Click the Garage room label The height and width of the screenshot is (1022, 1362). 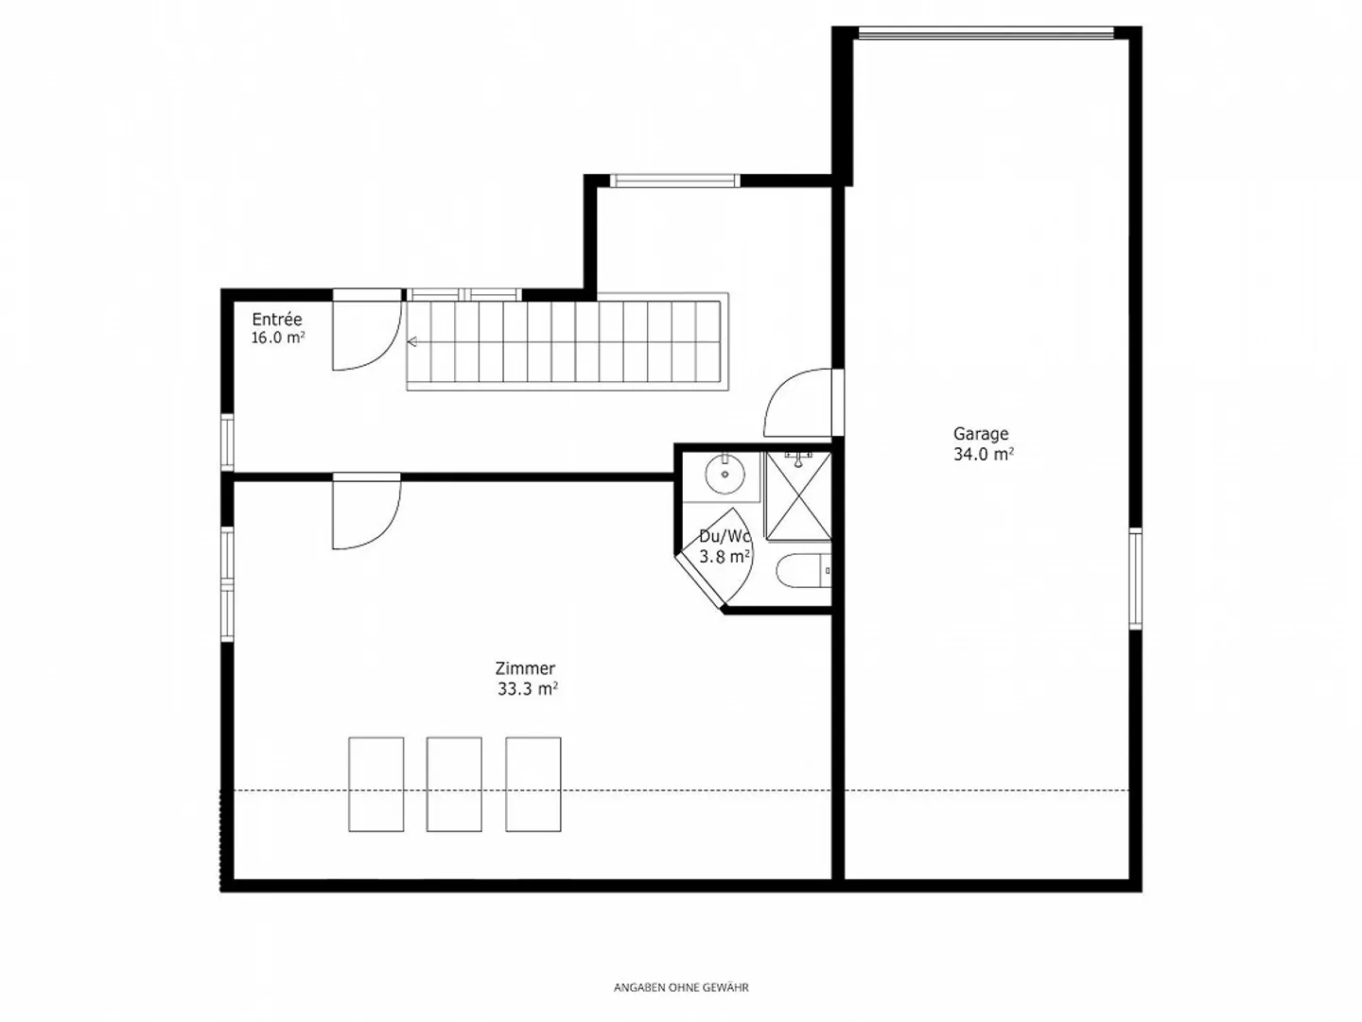point(981,434)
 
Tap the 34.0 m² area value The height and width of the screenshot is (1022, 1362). point(984,455)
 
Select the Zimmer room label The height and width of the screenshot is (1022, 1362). point(525,668)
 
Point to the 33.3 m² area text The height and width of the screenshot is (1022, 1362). point(528,689)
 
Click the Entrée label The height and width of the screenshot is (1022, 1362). point(277,320)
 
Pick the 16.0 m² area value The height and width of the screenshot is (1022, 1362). point(278,338)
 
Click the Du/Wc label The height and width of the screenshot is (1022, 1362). point(725,537)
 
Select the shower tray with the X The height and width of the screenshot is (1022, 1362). point(798,496)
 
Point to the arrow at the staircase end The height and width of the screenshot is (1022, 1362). point(413,342)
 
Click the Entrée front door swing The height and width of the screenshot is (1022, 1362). point(365,335)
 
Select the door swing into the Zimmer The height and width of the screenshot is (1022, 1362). point(365,511)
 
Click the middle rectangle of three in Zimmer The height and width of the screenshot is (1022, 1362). point(454,785)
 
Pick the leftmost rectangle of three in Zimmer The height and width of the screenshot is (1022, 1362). point(376,785)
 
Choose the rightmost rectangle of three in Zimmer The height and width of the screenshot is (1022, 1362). point(533,785)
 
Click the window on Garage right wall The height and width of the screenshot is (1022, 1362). point(1135,579)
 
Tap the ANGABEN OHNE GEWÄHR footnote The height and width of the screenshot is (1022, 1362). point(681,988)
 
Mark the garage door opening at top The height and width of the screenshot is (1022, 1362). point(986,35)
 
